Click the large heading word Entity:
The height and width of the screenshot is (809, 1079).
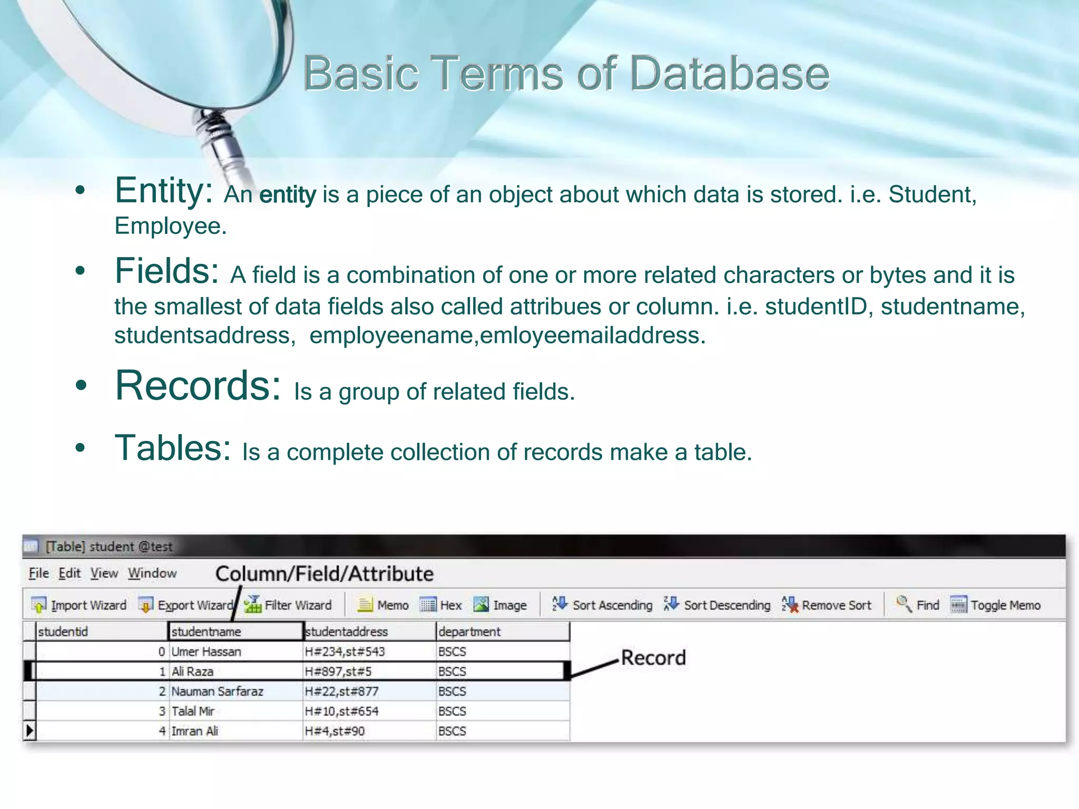[164, 191]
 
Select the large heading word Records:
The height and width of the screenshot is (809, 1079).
[198, 386]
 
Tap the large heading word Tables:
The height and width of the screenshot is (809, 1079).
[173, 448]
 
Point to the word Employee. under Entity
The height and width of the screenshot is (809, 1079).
[171, 226]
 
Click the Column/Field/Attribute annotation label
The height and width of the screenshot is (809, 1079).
[325, 574]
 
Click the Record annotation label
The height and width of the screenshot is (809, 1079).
[653, 658]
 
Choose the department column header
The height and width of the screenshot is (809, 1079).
[469, 632]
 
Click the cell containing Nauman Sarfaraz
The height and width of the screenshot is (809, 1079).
[217, 692]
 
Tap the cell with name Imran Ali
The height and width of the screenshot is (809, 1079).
[195, 731]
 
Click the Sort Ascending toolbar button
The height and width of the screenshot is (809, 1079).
[602, 605]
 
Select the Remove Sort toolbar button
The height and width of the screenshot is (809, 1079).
[827, 605]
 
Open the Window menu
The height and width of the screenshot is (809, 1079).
[152, 573]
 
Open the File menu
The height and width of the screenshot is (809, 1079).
[38, 573]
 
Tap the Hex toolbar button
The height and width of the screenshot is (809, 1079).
[442, 605]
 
